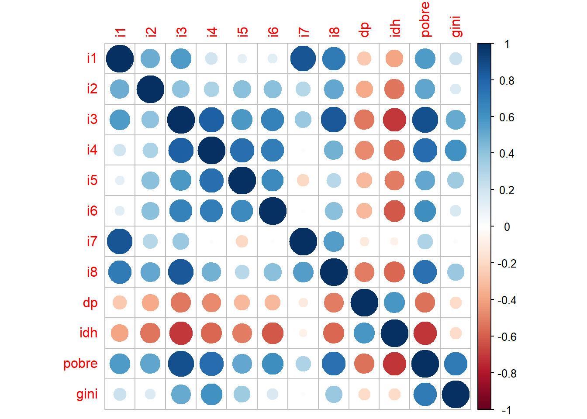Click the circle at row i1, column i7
[x=303, y=58]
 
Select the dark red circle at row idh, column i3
[x=181, y=333]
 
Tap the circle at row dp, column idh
[x=395, y=302]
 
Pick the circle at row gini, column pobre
[x=425, y=394]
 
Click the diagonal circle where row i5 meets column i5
[x=242, y=180]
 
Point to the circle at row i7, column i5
[x=242, y=241]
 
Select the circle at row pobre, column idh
[x=395, y=364]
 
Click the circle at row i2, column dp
[x=364, y=89]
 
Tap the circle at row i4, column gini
[x=456, y=150]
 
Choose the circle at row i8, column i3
[x=181, y=272]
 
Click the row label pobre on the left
[x=80, y=364]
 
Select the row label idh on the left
[x=88, y=333]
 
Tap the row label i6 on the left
[x=92, y=211]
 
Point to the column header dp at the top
[x=364, y=29]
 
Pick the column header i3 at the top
[x=181, y=31]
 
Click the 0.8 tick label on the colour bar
[x=507, y=81]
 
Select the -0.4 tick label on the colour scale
[x=507, y=300]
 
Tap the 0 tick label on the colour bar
[x=507, y=227]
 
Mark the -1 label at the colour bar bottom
[x=507, y=410]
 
